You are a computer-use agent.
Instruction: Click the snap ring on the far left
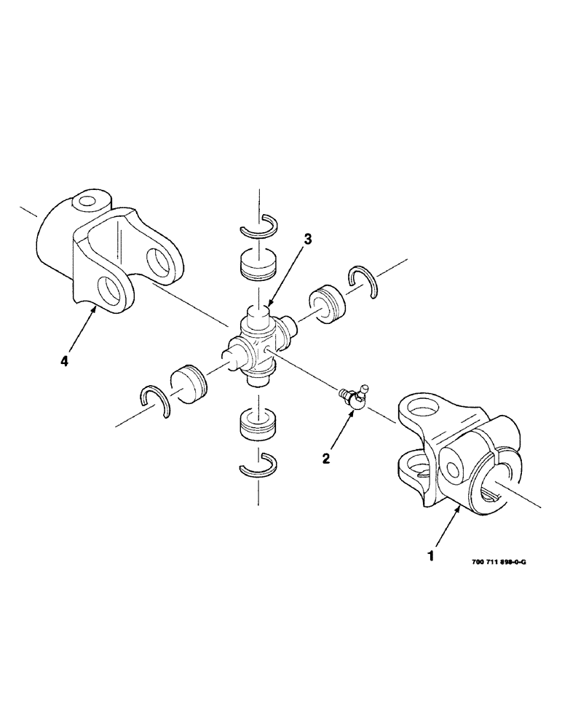pyautogui.click(x=154, y=400)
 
